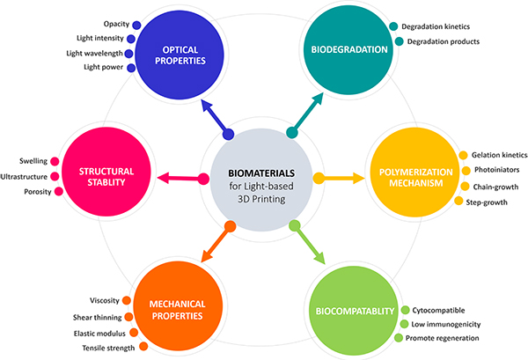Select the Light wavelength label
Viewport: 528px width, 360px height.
click(93, 54)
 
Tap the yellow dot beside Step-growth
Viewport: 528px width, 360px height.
click(458, 202)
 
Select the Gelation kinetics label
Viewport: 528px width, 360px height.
click(499, 155)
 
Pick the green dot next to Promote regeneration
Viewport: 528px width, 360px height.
click(399, 339)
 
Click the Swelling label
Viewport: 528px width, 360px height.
click(33, 161)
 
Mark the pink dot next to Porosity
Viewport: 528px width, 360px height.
click(55, 191)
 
